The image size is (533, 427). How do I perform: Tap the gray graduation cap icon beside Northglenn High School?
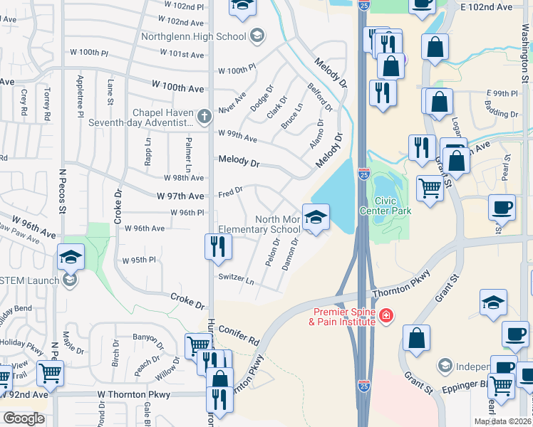coord(257,36)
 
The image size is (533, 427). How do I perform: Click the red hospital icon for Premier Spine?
coord(385,315)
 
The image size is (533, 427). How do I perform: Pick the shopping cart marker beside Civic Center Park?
coord(430,189)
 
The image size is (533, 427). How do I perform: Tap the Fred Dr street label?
coord(231,191)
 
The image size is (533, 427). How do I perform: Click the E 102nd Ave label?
coord(487,7)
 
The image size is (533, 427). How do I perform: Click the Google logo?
coord(24,418)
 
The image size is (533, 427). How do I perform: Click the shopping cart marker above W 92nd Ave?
coord(50,372)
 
